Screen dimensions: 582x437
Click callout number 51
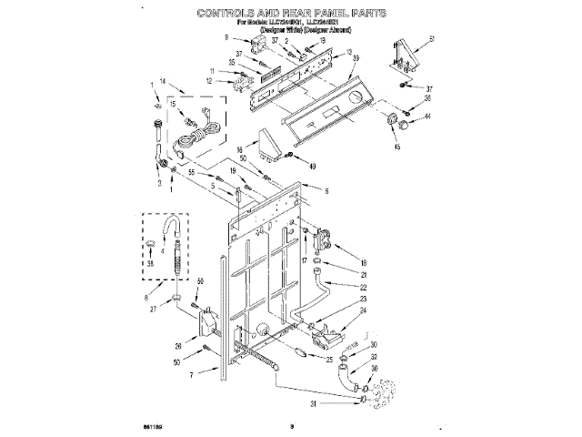[x=433, y=38]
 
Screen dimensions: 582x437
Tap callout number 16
[x=239, y=150]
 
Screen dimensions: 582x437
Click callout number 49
[x=312, y=166]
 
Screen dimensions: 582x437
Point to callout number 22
[x=363, y=288]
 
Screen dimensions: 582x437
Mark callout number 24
[x=363, y=311]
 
